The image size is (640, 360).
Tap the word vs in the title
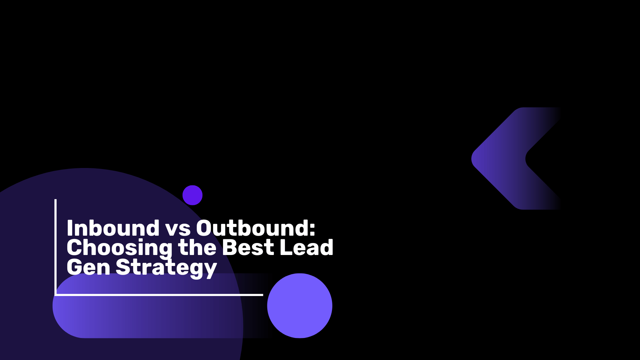pyautogui.click(x=178, y=230)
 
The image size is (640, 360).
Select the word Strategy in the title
pyautogui.click(x=166, y=268)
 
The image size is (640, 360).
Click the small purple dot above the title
pyautogui.click(x=192, y=195)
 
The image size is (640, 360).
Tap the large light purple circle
pyautogui.click(x=300, y=306)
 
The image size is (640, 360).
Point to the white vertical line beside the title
pyautogui.click(x=55, y=247)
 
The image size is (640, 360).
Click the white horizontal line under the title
pyautogui.click(x=159, y=295)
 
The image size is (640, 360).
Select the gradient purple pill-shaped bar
pyautogui.click(x=163, y=306)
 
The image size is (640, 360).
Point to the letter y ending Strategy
pyautogui.click(x=210, y=270)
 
